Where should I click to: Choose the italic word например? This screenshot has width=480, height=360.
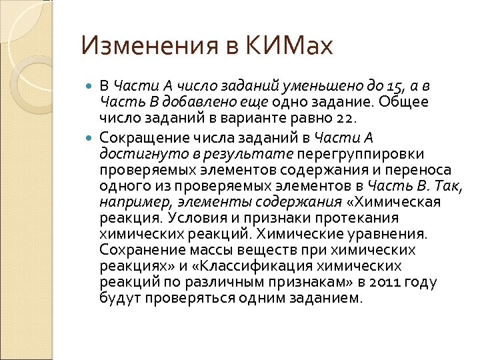[x=129, y=202]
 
